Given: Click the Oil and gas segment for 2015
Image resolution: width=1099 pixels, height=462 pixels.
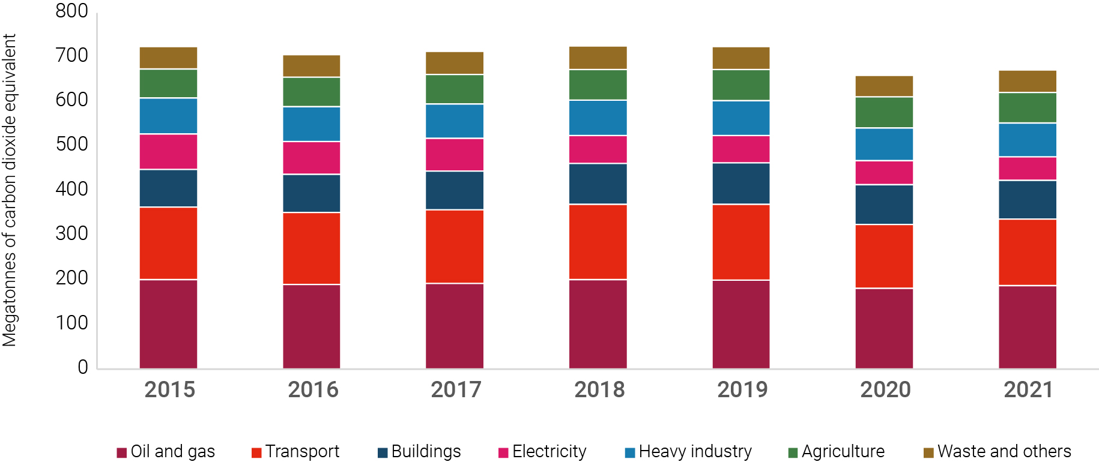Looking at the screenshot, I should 168,324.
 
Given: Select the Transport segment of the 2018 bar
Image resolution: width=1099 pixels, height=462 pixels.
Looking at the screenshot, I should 598,242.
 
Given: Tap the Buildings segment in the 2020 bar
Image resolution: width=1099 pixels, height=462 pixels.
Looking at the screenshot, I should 884,205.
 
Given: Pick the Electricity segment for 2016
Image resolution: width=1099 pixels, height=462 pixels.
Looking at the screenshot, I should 311,158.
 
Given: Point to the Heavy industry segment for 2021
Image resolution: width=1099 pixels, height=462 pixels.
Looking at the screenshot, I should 1027,140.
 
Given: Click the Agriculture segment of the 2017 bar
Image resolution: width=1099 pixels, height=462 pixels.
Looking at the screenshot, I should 455,89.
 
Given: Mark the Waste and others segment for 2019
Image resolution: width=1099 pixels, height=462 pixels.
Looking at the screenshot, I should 741,58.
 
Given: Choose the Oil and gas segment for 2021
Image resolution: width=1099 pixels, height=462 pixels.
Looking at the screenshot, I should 1027,327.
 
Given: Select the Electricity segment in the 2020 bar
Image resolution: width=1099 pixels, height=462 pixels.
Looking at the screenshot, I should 884,172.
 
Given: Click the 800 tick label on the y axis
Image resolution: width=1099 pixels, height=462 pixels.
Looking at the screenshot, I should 71,11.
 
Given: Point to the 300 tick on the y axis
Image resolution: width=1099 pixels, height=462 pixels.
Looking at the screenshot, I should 71,233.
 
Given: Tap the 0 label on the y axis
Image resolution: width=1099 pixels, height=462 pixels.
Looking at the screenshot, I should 82,367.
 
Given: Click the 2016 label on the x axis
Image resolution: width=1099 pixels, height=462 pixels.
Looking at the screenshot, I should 313,390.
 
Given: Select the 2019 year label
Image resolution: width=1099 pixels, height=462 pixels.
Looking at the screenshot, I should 742,390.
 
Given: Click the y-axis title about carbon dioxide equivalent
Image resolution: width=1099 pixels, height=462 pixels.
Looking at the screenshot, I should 10,190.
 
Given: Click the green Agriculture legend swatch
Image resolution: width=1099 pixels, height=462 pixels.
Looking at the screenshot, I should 793,452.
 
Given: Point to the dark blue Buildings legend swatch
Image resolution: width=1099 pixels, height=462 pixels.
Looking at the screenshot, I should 383,452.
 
